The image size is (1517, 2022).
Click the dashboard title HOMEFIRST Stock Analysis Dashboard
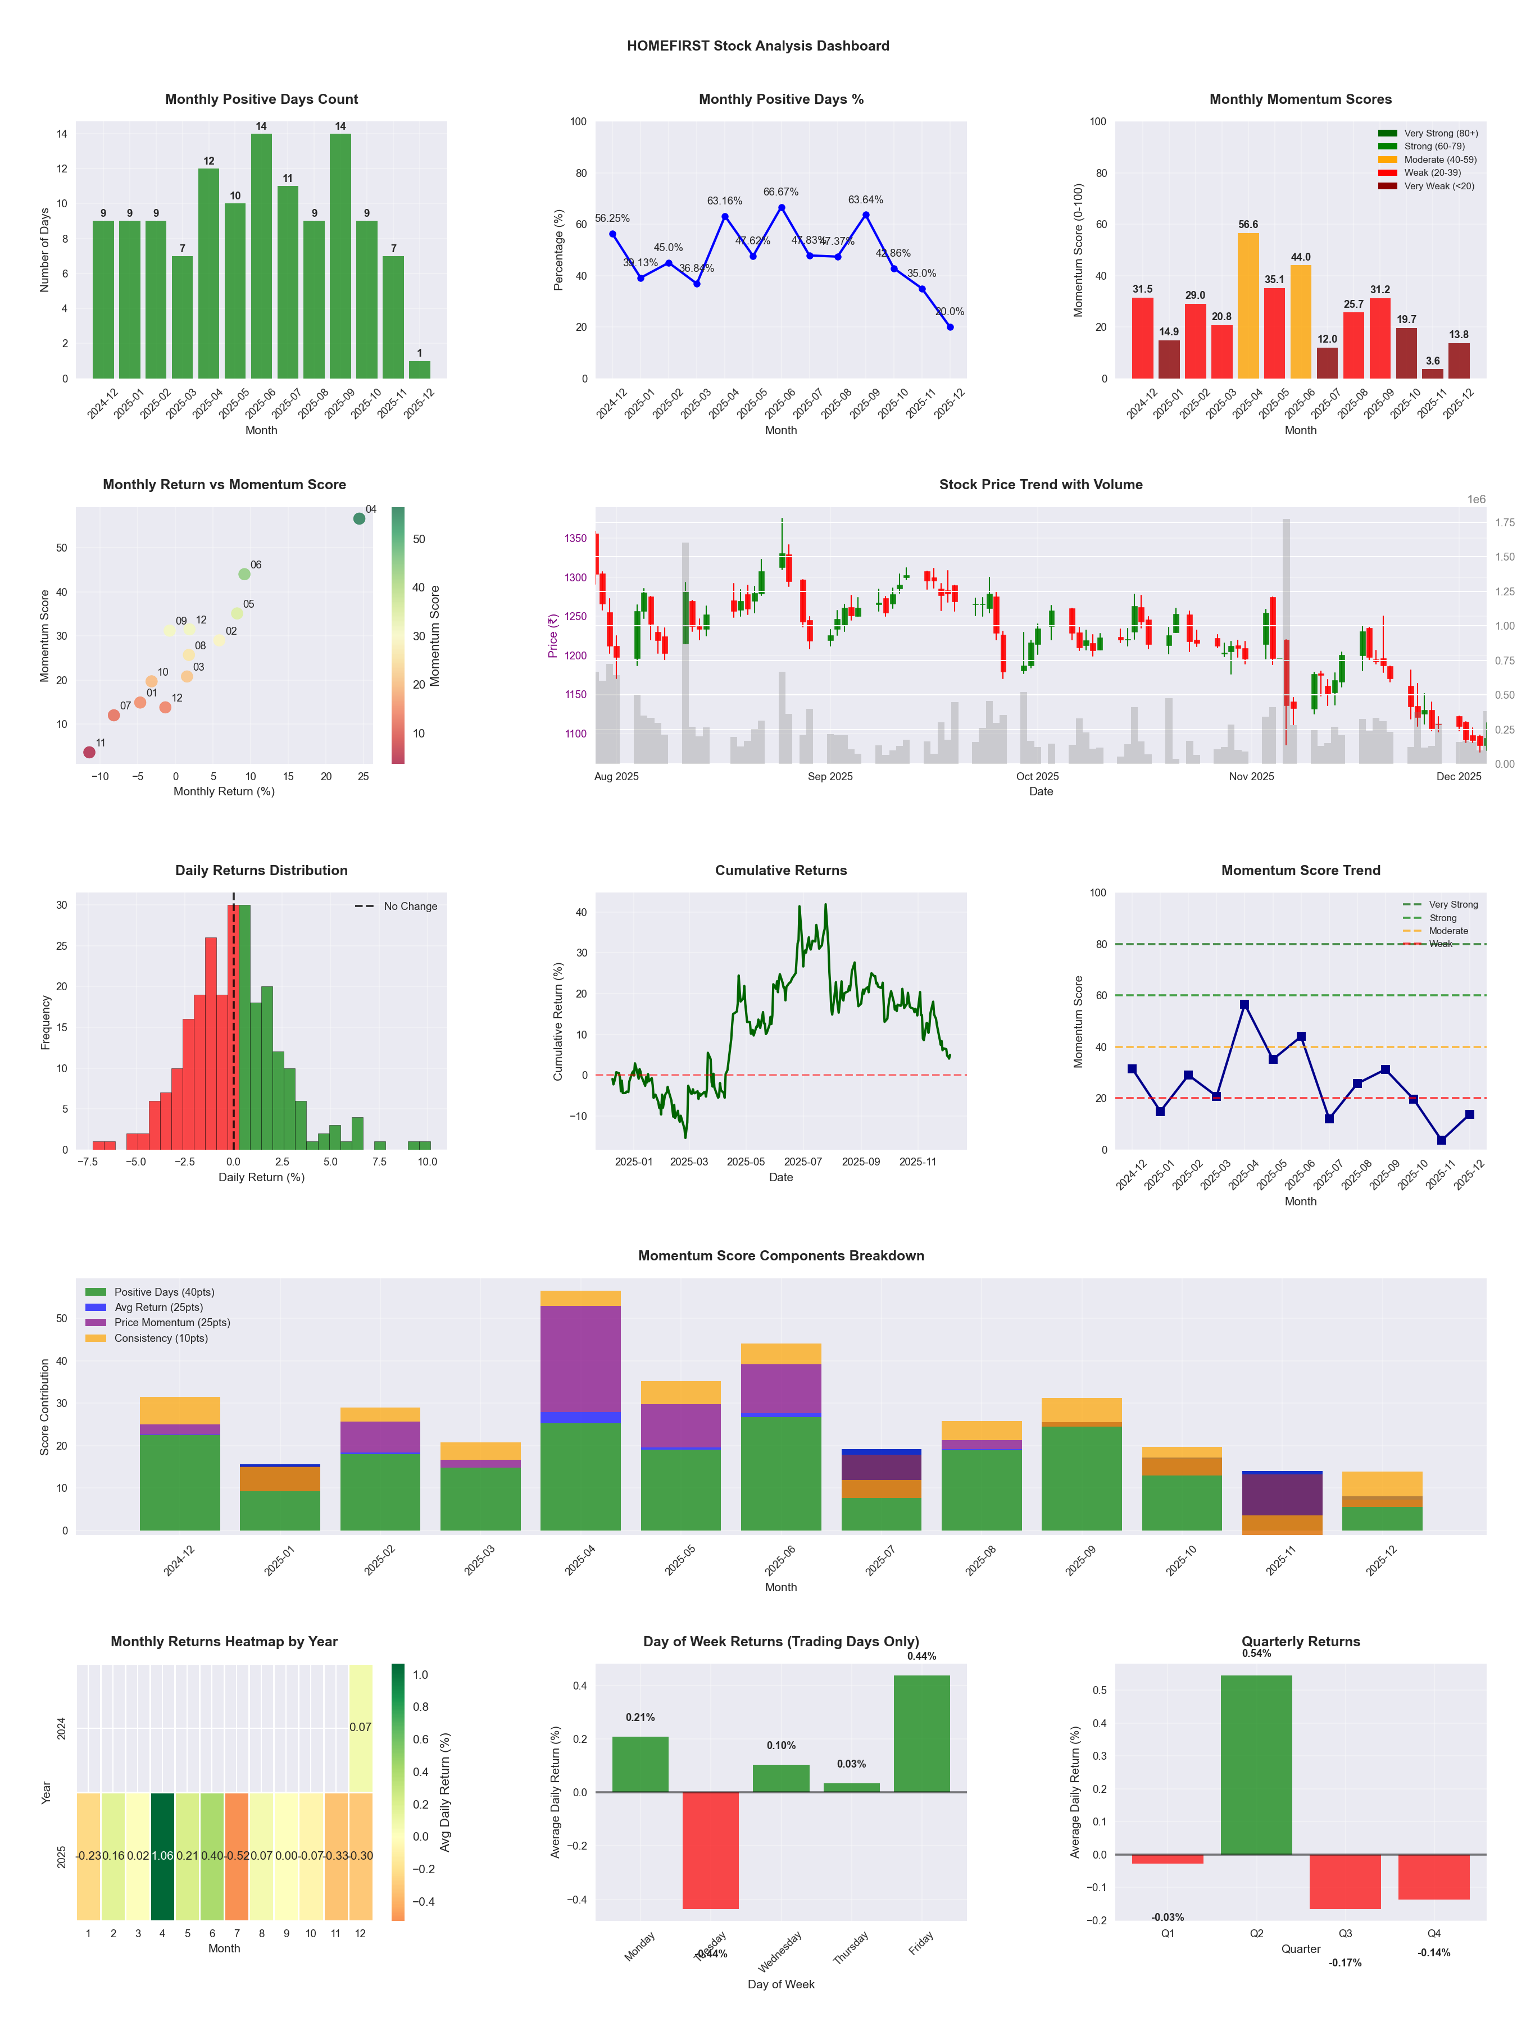coord(757,45)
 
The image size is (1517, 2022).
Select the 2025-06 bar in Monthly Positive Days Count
coord(261,256)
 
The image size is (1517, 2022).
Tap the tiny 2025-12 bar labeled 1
coord(420,370)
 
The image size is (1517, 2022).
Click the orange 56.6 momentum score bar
coord(1248,306)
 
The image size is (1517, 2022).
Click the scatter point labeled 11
coord(89,752)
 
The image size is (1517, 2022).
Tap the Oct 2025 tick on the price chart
coord(1037,776)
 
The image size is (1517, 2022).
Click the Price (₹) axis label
coord(552,635)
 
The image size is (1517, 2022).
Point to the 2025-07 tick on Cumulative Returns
coord(803,1162)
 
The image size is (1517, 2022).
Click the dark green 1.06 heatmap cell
coord(162,1856)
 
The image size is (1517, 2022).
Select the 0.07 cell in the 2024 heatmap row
coord(360,1727)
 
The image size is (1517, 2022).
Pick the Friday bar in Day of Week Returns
coord(922,1733)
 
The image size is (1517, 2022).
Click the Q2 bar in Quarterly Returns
coord(1256,1764)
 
